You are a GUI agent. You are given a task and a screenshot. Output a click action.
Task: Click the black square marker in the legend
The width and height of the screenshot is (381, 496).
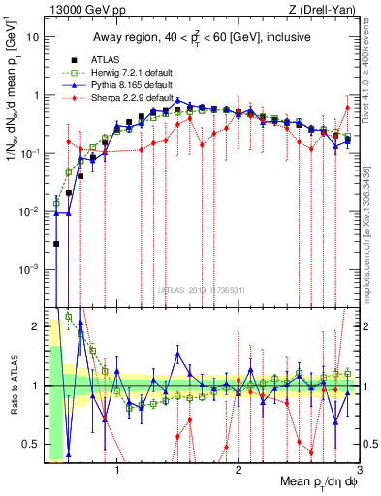(75, 58)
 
